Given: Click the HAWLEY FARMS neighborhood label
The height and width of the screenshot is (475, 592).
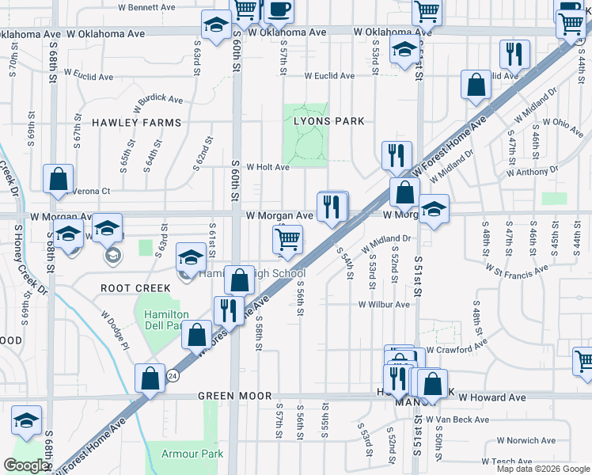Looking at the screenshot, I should [x=136, y=123].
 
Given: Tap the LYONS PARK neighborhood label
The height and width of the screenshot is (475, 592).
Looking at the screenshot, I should [x=329, y=121].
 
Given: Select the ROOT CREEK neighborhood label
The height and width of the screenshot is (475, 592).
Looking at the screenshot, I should [x=131, y=288].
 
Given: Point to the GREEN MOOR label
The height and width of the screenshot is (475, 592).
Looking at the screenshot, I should [x=234, y=396].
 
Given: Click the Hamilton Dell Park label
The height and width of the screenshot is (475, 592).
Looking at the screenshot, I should [x=165, y=320].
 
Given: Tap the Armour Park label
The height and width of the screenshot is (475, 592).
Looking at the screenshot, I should [x=192, y=454].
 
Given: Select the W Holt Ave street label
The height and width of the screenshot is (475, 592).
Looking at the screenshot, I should [x=268, y=167].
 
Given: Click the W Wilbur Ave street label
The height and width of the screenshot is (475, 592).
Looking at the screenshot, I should [x=384, y=304].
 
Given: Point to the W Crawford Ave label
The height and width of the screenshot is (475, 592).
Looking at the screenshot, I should [x=457, y=349].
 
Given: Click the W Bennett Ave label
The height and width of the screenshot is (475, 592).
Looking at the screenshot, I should [x=146, y=7].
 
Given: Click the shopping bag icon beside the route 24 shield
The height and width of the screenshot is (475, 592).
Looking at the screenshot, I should [x=150, y=379].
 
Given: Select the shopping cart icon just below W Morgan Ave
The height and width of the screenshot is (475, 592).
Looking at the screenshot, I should [x=288, y=238].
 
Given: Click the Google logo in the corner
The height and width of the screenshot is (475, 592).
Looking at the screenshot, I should [x=27, y=465].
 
